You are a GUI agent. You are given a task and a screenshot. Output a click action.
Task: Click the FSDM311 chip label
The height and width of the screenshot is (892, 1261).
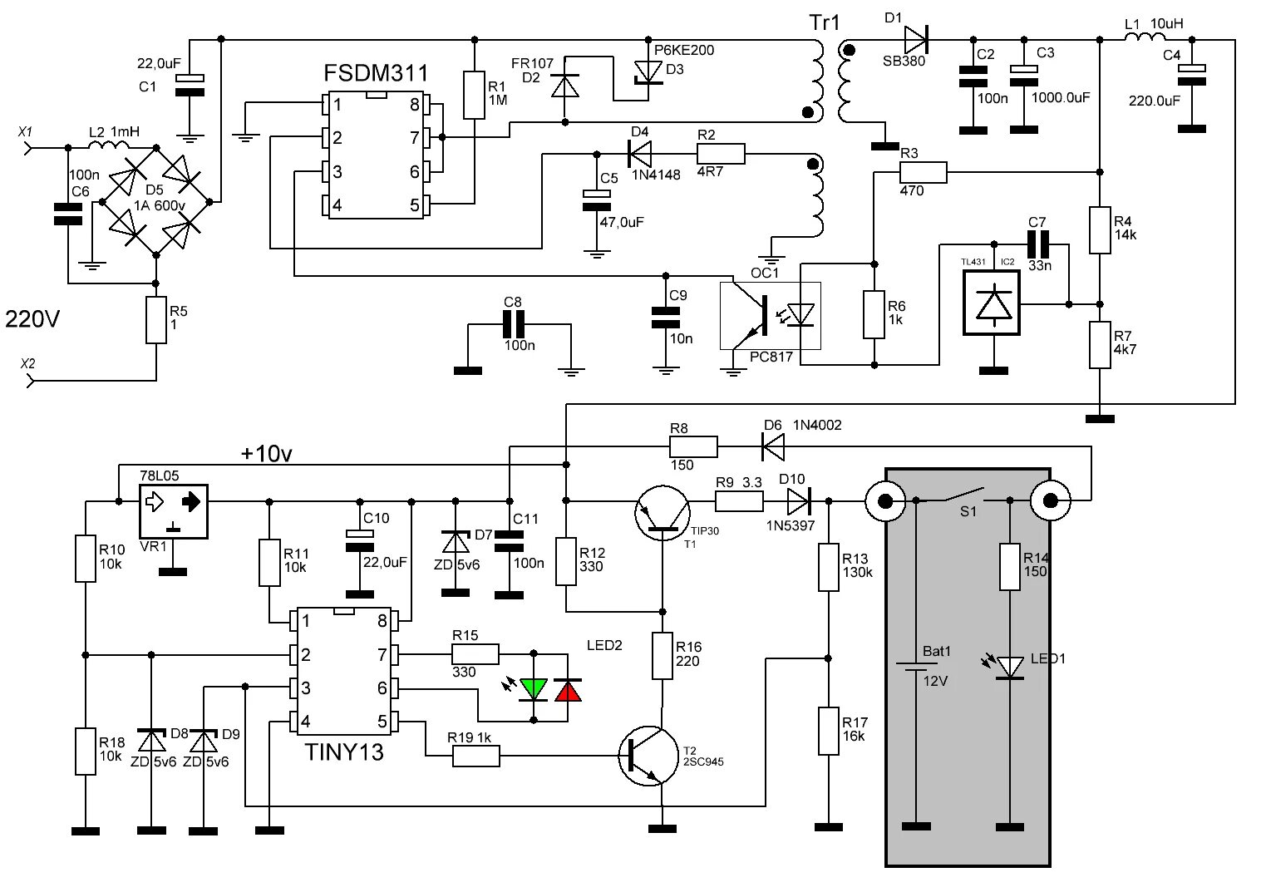pyautogui.click(x=377, y=74)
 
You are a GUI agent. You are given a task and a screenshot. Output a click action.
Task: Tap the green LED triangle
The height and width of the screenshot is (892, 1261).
pyautogui.click(x=533, y=688)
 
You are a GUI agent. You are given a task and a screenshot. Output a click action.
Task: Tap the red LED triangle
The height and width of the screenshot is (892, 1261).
pyautogui.click(x=569, y=688)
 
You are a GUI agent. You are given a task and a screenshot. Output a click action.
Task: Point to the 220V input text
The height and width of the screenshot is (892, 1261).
pyautogui.click(x=33, y=318)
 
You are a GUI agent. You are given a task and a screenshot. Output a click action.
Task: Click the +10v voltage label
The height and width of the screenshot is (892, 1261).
pyautogui.click(x=266, y=453)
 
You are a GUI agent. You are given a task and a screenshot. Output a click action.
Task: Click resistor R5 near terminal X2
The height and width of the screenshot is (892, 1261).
pyautogui.click(x=155, y=320)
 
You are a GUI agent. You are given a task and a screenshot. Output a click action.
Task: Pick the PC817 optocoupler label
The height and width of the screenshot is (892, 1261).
pyautogui.click(x=771, y=357)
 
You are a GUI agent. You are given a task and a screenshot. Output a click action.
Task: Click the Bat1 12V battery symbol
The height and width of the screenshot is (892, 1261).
pyautogui.click(x=915, y=665)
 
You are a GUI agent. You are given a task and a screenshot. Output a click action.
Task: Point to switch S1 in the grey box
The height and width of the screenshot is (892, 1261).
pyautogui.click(x=964, y=498)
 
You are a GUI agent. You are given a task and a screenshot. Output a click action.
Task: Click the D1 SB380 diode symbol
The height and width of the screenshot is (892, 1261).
pyautogui.click(x=915, y=37)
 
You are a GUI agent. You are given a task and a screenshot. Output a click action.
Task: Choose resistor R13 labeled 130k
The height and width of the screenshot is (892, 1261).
pyautogui.click(x=828, y=567)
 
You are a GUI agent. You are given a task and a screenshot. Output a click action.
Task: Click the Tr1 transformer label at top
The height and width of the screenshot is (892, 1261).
pyautogui.click(x=825, y=22)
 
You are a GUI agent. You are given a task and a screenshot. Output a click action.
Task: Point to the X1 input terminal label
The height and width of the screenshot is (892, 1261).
pyautogui.click(x=25, y=132)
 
